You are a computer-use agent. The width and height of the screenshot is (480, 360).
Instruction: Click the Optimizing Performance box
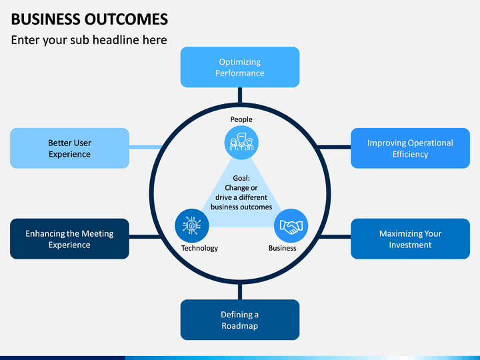coord(240,67)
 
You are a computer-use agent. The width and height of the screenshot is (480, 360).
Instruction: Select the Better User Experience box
coord(69,148)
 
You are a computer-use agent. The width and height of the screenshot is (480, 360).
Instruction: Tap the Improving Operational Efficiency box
coord(410,148)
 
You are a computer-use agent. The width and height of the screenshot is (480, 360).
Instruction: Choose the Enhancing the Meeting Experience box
coord(69,239)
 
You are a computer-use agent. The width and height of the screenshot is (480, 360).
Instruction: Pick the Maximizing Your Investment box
coord(410,239)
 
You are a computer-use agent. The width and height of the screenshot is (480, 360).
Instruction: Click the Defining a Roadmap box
coord(240,319)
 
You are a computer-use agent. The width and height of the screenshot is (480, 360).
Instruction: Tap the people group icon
coord(241,143)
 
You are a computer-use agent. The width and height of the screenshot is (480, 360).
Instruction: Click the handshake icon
coord(291,226)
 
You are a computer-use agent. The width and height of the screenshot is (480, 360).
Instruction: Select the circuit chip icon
coord(191,226)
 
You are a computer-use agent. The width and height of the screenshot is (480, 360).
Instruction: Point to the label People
coord(241,119)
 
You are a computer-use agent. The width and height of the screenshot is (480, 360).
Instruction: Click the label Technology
coord(199,248)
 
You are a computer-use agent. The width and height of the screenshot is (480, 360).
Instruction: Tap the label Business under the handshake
coord(282,248)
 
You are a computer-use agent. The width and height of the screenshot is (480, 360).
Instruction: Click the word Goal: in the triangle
coord(241,178)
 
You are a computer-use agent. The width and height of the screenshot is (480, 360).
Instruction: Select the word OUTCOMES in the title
coord(126,19)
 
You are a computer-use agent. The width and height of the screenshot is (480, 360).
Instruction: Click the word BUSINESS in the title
coord(46,19)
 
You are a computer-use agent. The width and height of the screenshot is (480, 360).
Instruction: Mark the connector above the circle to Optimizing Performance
coord(240,95)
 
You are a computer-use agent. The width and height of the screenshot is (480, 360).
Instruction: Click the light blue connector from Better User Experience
coord(145,147)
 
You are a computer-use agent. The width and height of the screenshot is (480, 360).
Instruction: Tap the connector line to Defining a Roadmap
coord(240,291)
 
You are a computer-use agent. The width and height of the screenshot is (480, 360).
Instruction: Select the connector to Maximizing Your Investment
coord(335,237)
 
